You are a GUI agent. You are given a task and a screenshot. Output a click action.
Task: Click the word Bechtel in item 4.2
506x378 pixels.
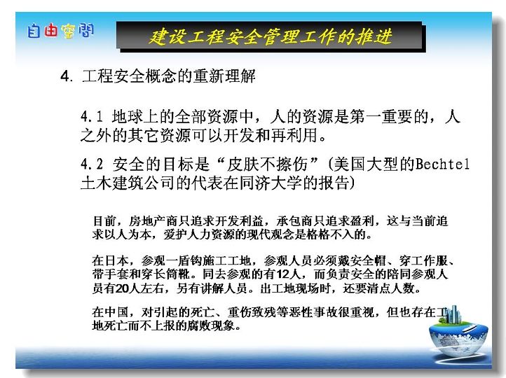coord(442,164)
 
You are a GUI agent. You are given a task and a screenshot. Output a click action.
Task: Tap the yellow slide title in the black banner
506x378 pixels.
coord(271,36)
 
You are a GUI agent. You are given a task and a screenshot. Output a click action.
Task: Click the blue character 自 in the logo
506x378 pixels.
coord(34,31)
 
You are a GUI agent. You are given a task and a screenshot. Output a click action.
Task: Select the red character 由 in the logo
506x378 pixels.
coord(50,31)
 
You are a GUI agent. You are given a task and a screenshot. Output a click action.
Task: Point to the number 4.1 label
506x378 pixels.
coord(91,117)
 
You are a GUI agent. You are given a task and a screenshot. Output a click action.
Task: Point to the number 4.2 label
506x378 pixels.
coord(92,164)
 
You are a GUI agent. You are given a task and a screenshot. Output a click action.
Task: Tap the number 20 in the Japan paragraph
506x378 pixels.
coord(122,288)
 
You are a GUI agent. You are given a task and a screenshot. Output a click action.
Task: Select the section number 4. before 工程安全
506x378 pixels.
coord(67,77)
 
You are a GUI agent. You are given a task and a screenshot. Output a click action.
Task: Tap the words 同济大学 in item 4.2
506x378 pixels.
coord(271,183)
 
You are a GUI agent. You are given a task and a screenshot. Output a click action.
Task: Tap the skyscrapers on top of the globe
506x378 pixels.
coord(451,314)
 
